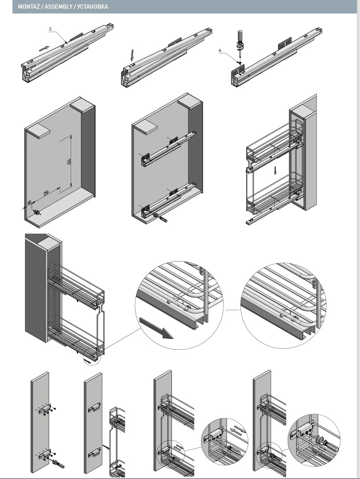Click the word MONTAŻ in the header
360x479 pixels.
tap(29, 7)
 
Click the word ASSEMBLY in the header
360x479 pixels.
tap(57, 7)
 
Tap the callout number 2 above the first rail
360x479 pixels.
tap(51, 30)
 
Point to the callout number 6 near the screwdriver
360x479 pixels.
tap(220, 50)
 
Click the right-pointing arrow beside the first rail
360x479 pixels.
tap(45, 48)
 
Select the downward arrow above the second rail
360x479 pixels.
tap(132, 54)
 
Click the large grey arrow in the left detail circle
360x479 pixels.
tap(157, 330)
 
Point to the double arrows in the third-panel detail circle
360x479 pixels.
tap(235, 428)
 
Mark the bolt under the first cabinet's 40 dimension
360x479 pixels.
tap(37, 213)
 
